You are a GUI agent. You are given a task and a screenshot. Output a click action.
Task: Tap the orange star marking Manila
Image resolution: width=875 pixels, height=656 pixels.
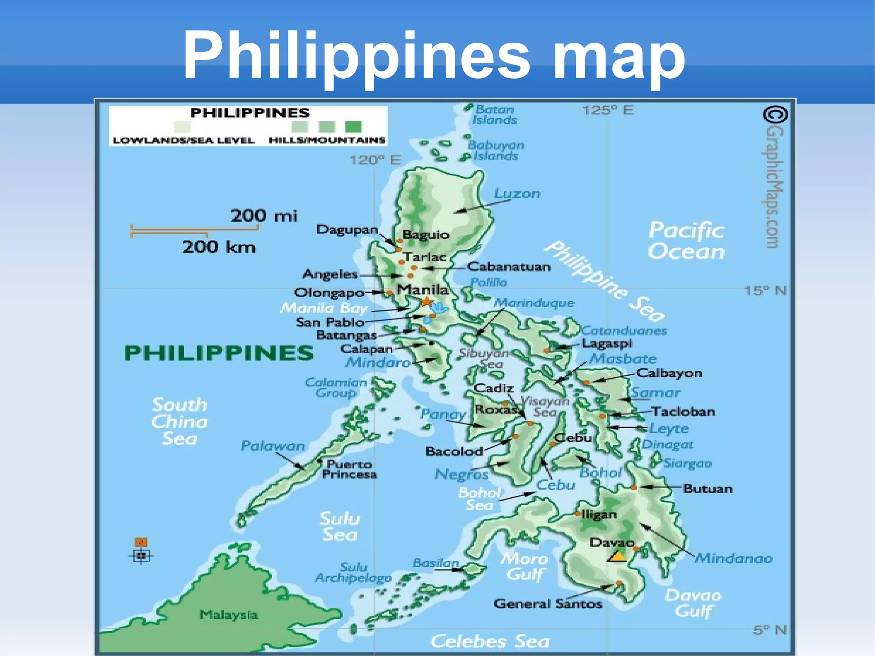point(426,302)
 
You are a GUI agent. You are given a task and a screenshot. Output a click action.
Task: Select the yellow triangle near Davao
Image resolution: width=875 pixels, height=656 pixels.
point(617,556)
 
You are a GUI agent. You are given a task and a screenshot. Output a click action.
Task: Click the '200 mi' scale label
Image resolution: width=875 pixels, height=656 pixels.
point(264,215)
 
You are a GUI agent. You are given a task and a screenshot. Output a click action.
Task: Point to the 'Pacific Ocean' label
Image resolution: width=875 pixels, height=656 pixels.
point(686,241)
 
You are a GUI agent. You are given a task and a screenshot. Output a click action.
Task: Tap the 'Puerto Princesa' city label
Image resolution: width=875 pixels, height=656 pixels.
point(349,469)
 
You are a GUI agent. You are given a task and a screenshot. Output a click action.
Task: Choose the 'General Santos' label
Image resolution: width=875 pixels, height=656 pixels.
point(548,603)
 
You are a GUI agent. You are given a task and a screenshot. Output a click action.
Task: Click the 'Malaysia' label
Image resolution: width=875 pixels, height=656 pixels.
point(229,615)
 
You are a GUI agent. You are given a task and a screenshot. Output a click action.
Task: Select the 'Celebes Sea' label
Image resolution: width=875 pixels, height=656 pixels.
point(490,641)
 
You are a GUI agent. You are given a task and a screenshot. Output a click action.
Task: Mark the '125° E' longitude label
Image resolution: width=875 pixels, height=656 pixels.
point(608,110)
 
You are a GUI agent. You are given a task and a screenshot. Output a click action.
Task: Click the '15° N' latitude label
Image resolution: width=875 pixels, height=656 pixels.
point(765,291)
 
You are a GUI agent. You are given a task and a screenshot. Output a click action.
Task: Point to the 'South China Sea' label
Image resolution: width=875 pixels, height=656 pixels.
point(179,422)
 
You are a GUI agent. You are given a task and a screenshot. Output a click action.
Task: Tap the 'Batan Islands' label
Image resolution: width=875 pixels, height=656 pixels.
point(495,115)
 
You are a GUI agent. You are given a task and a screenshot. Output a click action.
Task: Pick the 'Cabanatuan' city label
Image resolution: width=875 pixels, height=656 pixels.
point(509,267)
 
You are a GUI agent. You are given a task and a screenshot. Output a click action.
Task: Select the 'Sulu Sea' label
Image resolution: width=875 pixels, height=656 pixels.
point(340,527)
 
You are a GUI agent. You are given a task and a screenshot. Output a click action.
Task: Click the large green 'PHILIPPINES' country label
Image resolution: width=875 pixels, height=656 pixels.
point(219,353)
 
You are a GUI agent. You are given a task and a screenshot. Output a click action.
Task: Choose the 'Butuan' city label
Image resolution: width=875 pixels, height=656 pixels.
point(708,488)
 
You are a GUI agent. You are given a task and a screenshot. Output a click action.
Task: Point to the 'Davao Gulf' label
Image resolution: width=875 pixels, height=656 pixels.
point(693,603)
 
